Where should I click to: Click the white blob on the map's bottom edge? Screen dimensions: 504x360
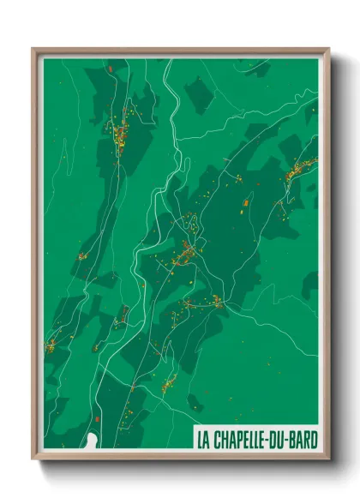[92, 441]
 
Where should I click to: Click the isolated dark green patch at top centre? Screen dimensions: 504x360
[199, 93]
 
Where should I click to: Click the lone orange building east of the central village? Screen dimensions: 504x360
[246, 202]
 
